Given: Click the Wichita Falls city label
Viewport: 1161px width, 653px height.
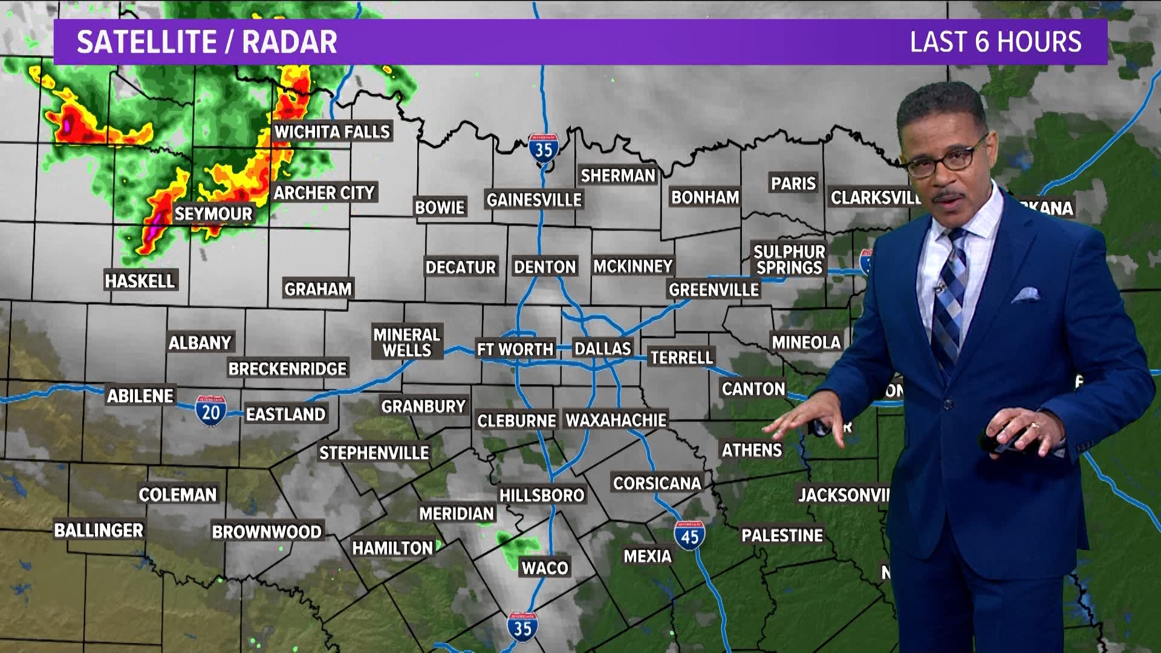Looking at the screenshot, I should (332, 132).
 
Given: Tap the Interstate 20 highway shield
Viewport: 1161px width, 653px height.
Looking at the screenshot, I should (210, 411).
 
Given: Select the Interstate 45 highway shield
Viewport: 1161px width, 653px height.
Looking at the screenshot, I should (689, 536).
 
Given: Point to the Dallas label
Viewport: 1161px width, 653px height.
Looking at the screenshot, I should (602, 349).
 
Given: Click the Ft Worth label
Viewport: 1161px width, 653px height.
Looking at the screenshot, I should (515, 349).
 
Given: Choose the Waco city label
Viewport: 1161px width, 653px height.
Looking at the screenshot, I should (545, 568).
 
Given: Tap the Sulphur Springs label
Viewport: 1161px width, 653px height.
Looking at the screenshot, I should (789, 260).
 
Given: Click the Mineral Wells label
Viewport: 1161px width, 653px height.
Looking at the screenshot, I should (406, 343).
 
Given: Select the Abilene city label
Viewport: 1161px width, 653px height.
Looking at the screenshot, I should (140, 396).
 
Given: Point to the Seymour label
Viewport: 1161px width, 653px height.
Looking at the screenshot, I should (213, 214).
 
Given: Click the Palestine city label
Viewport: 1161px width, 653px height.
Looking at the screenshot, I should (782, 536).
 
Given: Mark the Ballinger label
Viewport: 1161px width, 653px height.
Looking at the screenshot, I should (99, 530).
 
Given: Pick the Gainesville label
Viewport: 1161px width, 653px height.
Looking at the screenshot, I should (534, 200).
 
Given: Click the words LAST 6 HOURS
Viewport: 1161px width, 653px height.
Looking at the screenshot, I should (995, 42).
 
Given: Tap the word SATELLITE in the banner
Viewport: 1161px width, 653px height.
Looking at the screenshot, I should (146, 42).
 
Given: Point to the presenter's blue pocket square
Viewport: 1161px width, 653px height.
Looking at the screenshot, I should (1026, 296).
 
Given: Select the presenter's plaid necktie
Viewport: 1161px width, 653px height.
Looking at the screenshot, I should (948, 296).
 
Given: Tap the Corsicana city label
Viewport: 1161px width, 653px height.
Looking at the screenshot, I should (657, 483).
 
